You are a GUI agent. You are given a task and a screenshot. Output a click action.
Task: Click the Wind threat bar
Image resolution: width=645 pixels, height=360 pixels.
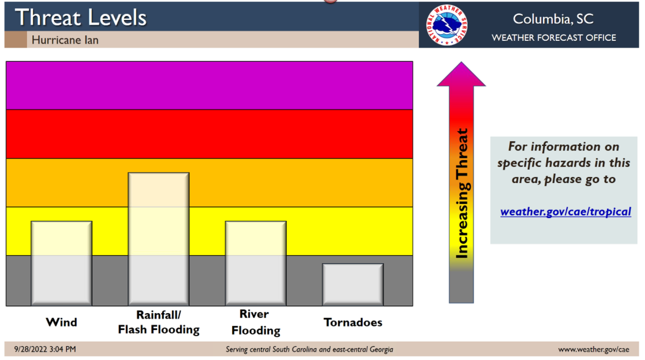point(61,263)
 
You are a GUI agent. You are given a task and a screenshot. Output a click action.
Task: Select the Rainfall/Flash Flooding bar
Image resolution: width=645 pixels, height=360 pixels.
point(158,239)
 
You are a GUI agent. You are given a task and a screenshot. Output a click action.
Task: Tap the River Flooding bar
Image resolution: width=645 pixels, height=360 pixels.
point(256,263)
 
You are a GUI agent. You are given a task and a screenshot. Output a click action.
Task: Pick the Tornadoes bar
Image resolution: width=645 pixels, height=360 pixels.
point(352,285)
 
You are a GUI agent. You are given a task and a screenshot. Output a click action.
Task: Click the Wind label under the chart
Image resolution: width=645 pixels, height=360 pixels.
point(61,322)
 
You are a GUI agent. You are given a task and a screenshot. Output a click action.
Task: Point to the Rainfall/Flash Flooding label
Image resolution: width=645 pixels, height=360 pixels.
point(158,322)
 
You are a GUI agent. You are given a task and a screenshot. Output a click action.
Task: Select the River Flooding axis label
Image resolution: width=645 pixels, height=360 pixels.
point(255,322)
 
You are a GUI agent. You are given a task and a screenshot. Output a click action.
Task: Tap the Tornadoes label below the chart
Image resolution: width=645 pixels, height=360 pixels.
point(352,322)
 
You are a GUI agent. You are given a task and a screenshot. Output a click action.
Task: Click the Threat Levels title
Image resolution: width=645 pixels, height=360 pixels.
point(80,17)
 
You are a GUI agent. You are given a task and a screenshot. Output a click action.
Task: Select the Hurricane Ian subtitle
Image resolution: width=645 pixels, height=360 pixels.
point(64,40)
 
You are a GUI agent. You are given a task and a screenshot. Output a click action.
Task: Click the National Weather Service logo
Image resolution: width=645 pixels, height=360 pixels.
point(447,25)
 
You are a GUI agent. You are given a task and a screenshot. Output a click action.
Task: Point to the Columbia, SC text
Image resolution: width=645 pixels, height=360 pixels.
point(553,19)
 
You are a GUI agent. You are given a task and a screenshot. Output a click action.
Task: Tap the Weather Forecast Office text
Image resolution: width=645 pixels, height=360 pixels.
point(553,38)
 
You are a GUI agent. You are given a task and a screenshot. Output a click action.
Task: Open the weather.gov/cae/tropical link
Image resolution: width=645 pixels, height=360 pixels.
point(565,212)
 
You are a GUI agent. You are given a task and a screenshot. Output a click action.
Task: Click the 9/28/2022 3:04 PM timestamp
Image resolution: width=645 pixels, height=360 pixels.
point(45,349)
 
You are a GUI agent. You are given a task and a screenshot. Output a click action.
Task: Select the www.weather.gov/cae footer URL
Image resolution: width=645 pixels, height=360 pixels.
point(593,349)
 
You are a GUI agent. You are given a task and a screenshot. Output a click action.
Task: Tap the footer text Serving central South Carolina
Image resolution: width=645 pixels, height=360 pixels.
point(309,349)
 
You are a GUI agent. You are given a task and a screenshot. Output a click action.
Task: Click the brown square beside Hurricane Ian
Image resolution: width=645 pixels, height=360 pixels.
point(15,40)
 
